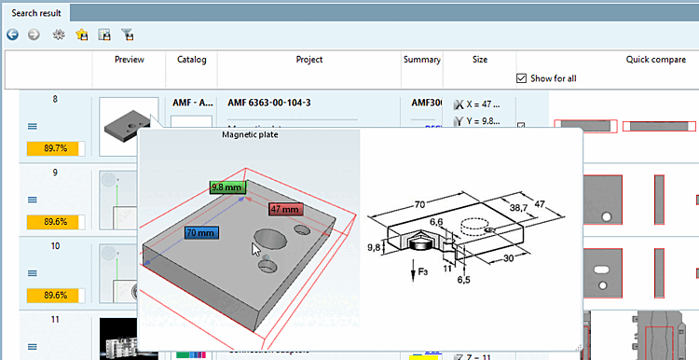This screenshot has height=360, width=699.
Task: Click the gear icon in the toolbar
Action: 58,35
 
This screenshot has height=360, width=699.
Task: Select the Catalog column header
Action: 192,60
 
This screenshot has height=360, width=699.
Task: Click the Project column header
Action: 308,60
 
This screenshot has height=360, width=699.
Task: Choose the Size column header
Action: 479,60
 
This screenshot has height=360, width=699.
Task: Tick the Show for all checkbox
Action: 522,78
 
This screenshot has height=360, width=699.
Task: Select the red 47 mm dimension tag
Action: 286,209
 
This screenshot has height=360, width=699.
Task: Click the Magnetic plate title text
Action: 251,134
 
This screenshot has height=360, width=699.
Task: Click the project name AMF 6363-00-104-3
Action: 271,103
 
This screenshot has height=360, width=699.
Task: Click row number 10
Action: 55,246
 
